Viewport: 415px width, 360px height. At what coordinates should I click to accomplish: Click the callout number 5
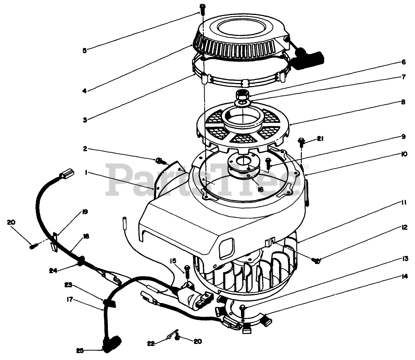coord(85,50)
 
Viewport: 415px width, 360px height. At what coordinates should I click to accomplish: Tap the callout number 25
coord(80,350)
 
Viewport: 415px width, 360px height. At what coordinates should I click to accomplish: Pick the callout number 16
coord(260,189)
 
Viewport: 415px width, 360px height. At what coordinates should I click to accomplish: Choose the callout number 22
coord(151,343)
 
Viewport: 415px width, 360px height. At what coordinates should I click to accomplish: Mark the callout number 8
coord(392,102)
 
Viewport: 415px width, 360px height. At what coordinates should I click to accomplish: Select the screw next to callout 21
coord(301,143)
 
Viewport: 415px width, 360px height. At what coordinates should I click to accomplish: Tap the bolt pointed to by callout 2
coord(159,160)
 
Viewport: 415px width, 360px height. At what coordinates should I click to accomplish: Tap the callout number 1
coord(86,173)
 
